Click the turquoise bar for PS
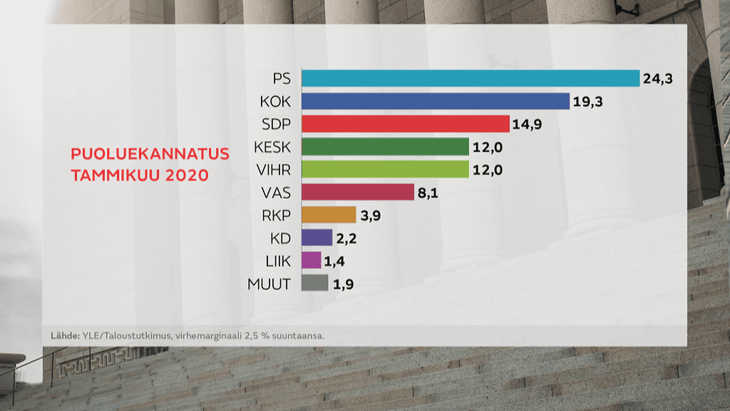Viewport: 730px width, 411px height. click(x=471, y=78)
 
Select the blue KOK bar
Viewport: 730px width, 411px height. click(x=436, y=101)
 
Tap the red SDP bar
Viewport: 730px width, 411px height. click(x=406, y=124)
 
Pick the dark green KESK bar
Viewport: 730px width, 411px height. click(x=385, y=147)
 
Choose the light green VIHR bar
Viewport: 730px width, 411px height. click(x=385, y=169)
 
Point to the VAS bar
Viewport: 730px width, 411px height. click(x=358, y=192)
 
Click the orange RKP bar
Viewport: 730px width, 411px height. click(x=329, y=215)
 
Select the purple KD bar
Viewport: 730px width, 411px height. click(x=317, y=238)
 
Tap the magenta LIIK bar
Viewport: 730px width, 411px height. click(x=312, y=260)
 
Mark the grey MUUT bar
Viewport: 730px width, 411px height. click(x=315, y=283)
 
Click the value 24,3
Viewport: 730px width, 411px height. click(x=658, y=79)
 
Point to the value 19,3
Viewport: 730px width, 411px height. click(x=588, y=102)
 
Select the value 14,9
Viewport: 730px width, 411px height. click(x=528, y=125)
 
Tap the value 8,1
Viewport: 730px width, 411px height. click(x=430, y=193)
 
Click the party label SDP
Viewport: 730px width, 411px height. click(x=276, y=124)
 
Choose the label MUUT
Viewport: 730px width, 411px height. click(x=269, y=284)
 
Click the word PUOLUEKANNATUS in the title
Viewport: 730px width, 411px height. click(x=149, y=154)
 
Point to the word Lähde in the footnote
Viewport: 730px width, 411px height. click(x=64, y=335)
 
